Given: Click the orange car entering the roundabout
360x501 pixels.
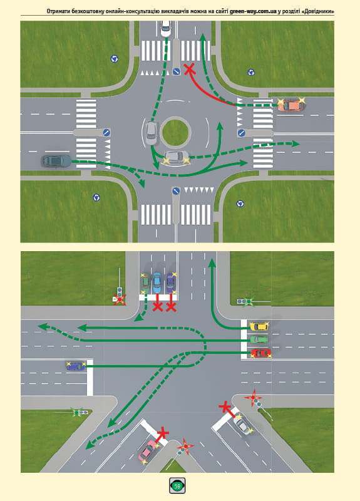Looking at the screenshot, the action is tap(291, 105).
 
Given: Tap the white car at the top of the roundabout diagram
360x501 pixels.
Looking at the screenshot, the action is tap(165, 29).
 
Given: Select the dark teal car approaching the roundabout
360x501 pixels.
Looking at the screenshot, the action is tap(56, 161).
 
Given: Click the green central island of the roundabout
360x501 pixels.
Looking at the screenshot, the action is tap(175, 132).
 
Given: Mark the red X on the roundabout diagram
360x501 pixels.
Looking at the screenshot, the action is tap(190, 69).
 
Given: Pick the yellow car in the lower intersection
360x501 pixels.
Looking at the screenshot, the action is tap(259, 326).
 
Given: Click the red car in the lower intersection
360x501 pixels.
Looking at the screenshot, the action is tap(261, 353).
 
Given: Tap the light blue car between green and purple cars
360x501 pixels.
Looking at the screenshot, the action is tap(157, 283).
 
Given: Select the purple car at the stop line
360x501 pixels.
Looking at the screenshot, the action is tap(171, 283).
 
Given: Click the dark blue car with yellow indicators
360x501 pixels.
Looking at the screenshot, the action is tap(76, 366).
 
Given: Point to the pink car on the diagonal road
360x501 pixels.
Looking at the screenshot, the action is tap(148, 450).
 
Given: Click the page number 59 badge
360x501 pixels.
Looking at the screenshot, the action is tap(177, 486).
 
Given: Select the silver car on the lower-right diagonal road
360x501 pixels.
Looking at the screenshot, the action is tap(243, 425).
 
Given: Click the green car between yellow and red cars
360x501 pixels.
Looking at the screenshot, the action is tap(259, 339).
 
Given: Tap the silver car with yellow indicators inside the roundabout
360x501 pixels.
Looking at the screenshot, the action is tap(176, 157).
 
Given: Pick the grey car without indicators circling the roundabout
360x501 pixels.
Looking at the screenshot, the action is tap(151, 133).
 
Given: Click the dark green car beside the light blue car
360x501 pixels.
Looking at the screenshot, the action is tap(145, 283).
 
